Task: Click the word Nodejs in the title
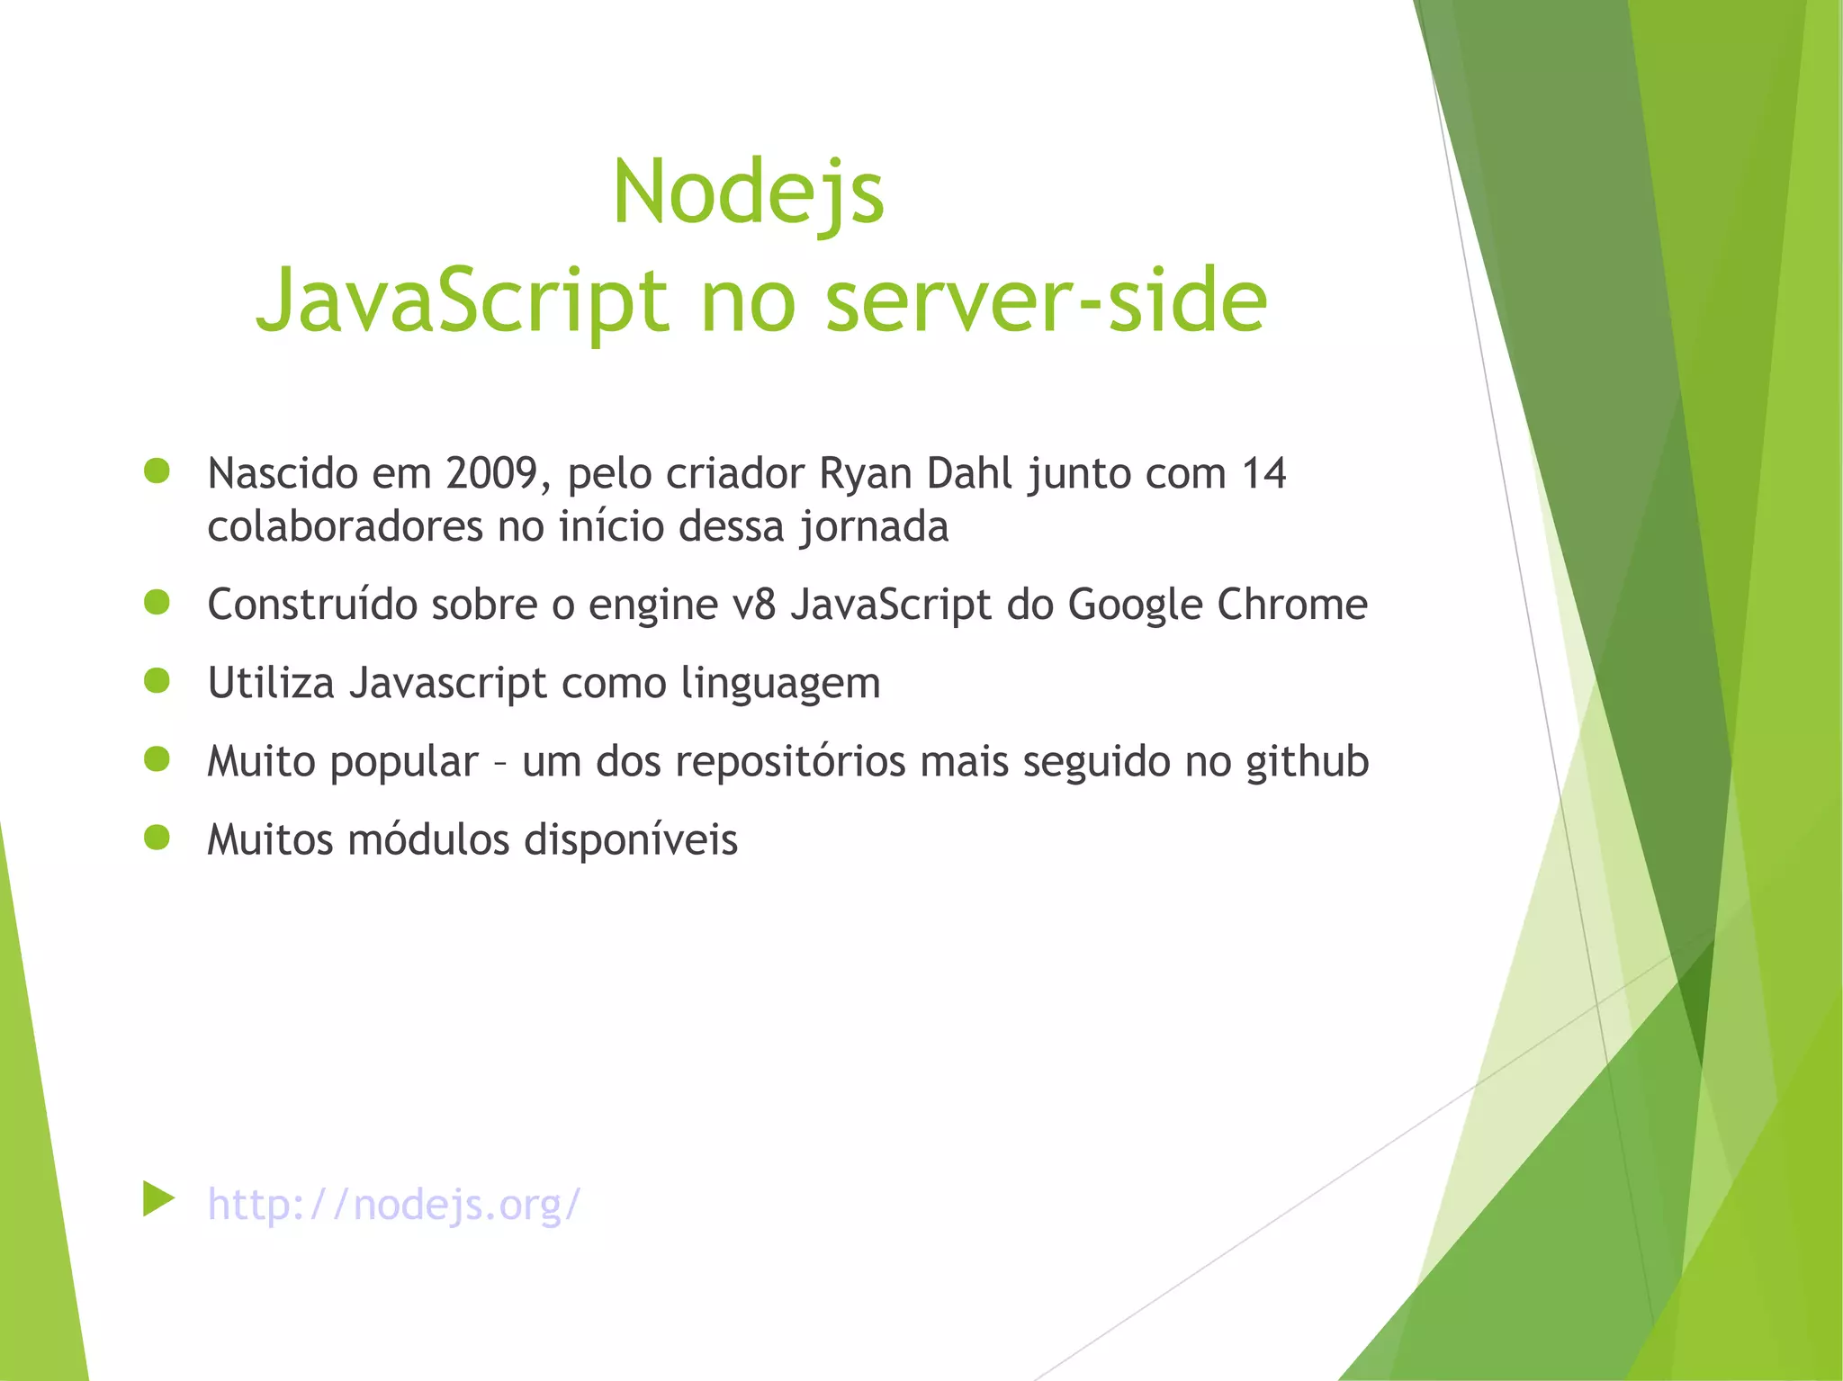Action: [x=748, y=193]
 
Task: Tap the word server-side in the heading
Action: [x=1046, y=300]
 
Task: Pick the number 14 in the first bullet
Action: [x=1263, y=473]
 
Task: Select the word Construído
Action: [x=312, y=604]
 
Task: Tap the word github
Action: [x=1307, y=762]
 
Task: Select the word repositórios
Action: [x=790, y=762]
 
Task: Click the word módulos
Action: [x=428, y=839]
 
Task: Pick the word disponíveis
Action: [x=631, y=840]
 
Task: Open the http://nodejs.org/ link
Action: [x=394, y=1204]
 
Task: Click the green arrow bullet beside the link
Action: [x=157, y=1199]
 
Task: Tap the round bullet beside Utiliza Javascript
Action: [x=157, y=681]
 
